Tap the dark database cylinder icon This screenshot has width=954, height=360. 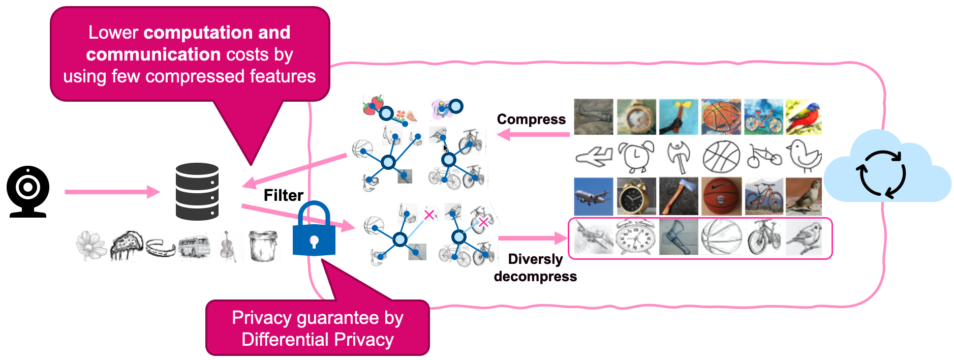coord(197,192)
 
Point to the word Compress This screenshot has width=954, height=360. coord(531,119)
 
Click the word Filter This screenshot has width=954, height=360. coord(283,195)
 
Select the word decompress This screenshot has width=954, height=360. coord(535,276)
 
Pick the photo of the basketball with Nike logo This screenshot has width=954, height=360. coord(721,196)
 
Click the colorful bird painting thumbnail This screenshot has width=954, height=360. coord(804,117)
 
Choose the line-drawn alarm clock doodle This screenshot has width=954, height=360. coord(635,157)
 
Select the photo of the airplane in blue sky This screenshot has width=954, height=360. coord(593,196)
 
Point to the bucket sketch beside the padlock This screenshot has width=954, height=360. coord(263,246)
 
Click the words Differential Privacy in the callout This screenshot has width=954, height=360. coord(318,339)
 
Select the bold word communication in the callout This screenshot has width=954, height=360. coord(153,54)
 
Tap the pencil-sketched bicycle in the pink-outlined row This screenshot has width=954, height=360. coord(763,237)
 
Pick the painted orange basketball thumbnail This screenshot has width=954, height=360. coord(721,117)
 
